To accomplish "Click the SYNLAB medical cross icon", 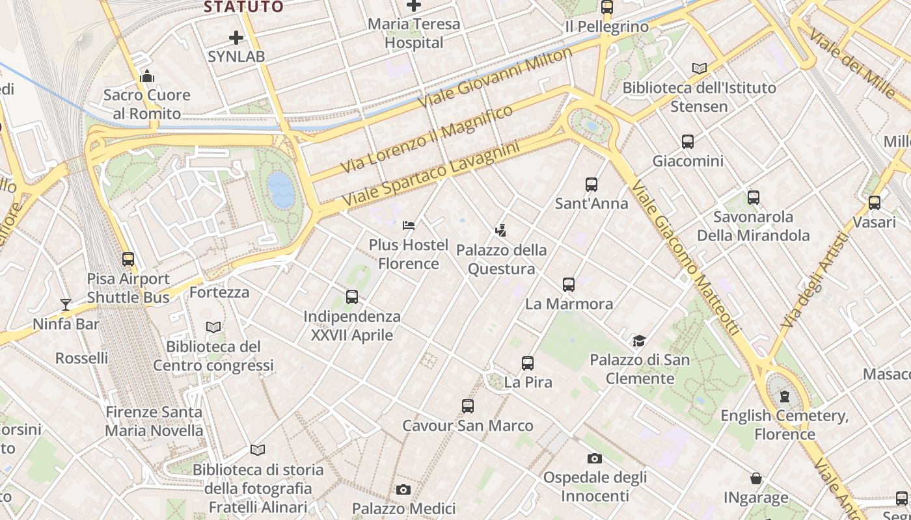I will pos(236,37).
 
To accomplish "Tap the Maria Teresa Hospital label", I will pos(414,34).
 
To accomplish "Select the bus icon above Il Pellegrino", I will pos(607,7).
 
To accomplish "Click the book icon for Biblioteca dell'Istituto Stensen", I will pos(700,68).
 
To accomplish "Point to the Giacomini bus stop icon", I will pos(688,142).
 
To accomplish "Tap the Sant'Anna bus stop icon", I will pos(591,185).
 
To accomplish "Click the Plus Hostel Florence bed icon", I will pos(409,226).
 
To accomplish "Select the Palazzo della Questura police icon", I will pos(500,230).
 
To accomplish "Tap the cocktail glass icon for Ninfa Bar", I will pos(66,304).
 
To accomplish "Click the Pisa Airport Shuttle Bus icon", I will pos(128,259).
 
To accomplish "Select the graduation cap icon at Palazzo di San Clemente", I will pos(640,341).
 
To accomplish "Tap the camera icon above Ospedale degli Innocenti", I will pos(594,459).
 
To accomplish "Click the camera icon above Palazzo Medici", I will pos(403,489).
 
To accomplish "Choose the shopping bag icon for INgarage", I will pos(756,479).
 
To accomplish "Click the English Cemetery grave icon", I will pos(785,396).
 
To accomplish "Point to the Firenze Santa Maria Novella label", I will pos(154,421).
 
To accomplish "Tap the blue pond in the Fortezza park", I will pos(281,190).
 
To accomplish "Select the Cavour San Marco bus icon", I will pos(468,406).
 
